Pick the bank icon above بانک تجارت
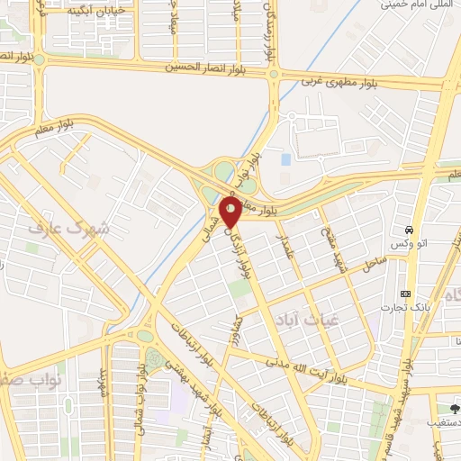[x=405, y=294]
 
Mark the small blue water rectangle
[x=285, y=159]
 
